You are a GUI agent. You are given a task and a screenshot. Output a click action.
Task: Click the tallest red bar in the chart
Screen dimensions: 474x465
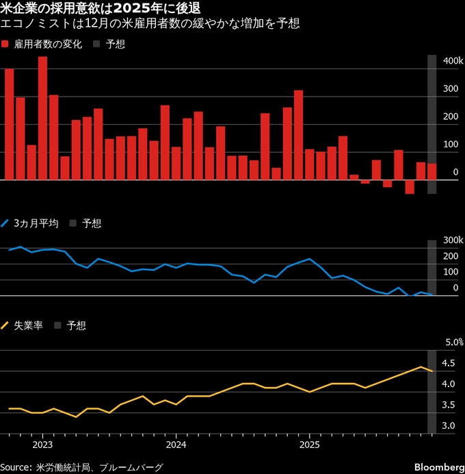pyautogui.click(x=42, y=118)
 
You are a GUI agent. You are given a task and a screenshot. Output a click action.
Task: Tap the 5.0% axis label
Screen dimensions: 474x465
pyautogui.click(x=455, y=342)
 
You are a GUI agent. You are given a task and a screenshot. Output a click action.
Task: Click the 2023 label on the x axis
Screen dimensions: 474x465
pyautogui.click(x=42, y=444)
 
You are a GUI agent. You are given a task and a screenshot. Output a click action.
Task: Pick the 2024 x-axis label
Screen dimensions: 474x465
pyautogui.click(x=176, y=444)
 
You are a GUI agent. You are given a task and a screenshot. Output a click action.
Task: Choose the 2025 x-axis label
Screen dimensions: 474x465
pyautogui.click(x=309, y=444)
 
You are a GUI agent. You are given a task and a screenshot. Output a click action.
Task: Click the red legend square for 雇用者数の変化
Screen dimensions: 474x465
pyautogui.click(x=6, y=45)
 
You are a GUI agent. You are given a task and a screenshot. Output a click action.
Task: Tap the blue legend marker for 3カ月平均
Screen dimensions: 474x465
pyautogui.click(x=6, y=223)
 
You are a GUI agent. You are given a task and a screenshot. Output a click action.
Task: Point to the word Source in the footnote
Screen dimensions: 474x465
pyautogui.click(x=19, y=467)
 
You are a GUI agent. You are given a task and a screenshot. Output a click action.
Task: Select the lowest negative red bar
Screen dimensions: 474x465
pyautogui.click(x=409, y=187)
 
